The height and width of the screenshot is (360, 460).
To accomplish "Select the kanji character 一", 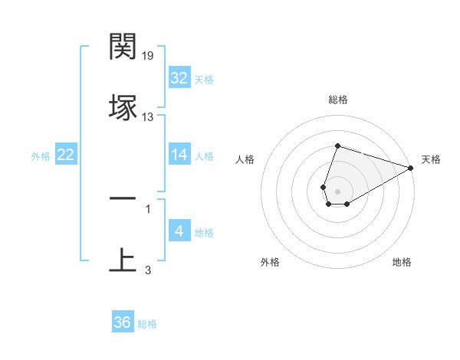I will click(x=123, y=198).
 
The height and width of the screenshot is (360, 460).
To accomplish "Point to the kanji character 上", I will click(x=123, y=259).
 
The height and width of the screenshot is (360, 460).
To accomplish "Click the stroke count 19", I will click(x=149, y=56).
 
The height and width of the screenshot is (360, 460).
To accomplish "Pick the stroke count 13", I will click(x=148, y=116).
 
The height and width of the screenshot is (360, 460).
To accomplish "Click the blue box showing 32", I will click(x=179, y=78).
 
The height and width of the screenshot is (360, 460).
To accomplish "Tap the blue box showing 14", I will click(x=179, y=155).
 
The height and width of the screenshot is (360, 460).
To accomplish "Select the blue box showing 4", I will click(x=179, y=231).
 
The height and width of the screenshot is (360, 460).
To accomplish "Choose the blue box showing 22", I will click(x=65, y=155).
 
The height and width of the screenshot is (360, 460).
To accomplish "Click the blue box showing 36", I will click(x=122, y=322).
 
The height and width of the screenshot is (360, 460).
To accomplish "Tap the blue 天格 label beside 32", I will click(x=204, y=80).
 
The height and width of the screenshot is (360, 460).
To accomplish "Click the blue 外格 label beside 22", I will click(x=41, y=156).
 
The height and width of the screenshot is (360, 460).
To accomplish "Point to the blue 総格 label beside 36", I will click(x=147, y=324).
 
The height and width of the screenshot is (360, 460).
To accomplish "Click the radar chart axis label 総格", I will click(x=337, y=100).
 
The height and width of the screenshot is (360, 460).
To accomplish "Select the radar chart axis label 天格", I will click(x=431, y=159).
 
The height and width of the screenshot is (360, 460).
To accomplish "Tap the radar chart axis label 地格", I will click(x=402, y=263).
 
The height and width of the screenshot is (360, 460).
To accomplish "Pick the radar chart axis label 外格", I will click(x=270, y=263).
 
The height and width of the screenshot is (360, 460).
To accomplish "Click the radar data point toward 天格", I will click(x=411, y=168).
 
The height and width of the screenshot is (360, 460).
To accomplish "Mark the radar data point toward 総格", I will click(x=337, y=146).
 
